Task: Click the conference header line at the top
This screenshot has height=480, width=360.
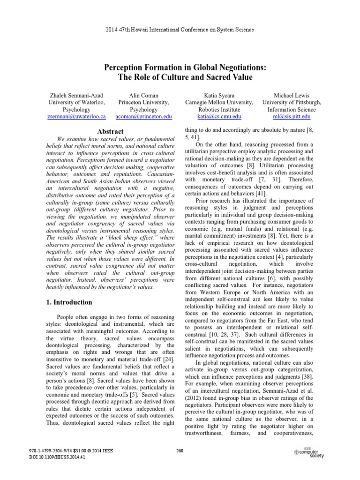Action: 180,30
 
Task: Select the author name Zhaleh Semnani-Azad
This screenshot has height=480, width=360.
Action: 77,95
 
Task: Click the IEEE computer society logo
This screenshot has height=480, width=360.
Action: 308,452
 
